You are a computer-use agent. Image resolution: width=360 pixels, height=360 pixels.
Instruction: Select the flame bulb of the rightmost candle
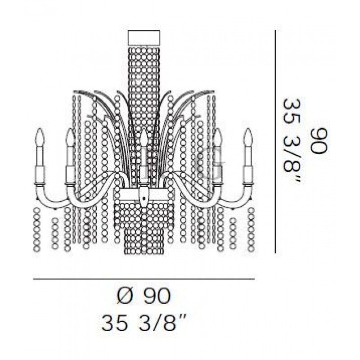pyautogui.click(x=247, y=135)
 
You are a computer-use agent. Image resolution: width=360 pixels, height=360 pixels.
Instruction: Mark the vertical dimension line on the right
pyautogui.click(x=275, y=141)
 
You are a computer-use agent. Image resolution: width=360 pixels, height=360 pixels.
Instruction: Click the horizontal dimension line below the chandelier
pyautogui.click(x=144, y=279)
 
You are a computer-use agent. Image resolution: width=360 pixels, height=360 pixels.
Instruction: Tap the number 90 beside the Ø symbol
pyautogui.click(x=157, y=297)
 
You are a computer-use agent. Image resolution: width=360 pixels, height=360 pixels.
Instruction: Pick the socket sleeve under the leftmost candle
pyautogui.click(x=40, y=173)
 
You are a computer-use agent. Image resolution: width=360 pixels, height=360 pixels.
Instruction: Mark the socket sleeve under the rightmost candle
pyautogui.click(x=247, y=173)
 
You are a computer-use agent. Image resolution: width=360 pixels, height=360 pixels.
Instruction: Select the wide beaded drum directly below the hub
pyautogui.click(x=144, y=213)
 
